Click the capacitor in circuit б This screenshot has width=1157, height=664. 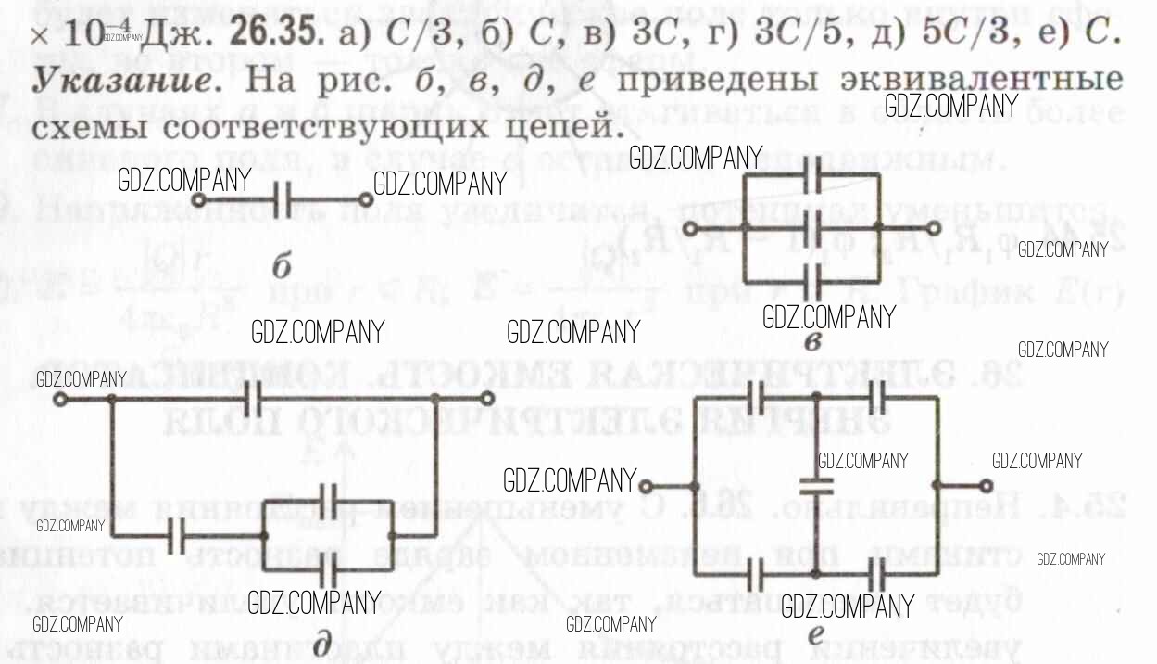click(x=285, y=199)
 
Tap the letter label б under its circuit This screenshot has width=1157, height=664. click(x=282, y=268)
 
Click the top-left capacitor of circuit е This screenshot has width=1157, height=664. click(x=756, y=399)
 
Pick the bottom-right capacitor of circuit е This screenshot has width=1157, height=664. click(x=876, y=573)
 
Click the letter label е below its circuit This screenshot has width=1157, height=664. click(x=815, y=636)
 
